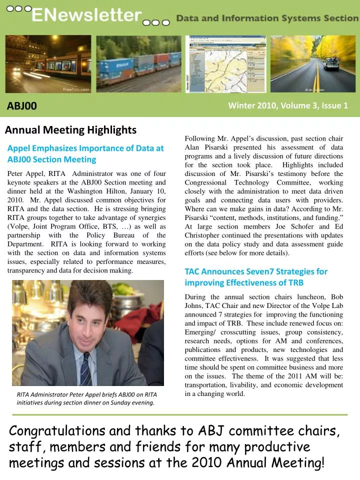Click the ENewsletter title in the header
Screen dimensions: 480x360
(x=86, y=16)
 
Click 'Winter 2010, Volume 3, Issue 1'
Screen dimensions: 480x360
(x=288, y=105)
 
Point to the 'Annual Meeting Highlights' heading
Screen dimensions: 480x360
(x=70, y=130)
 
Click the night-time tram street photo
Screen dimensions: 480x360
(x=48, y=63)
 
